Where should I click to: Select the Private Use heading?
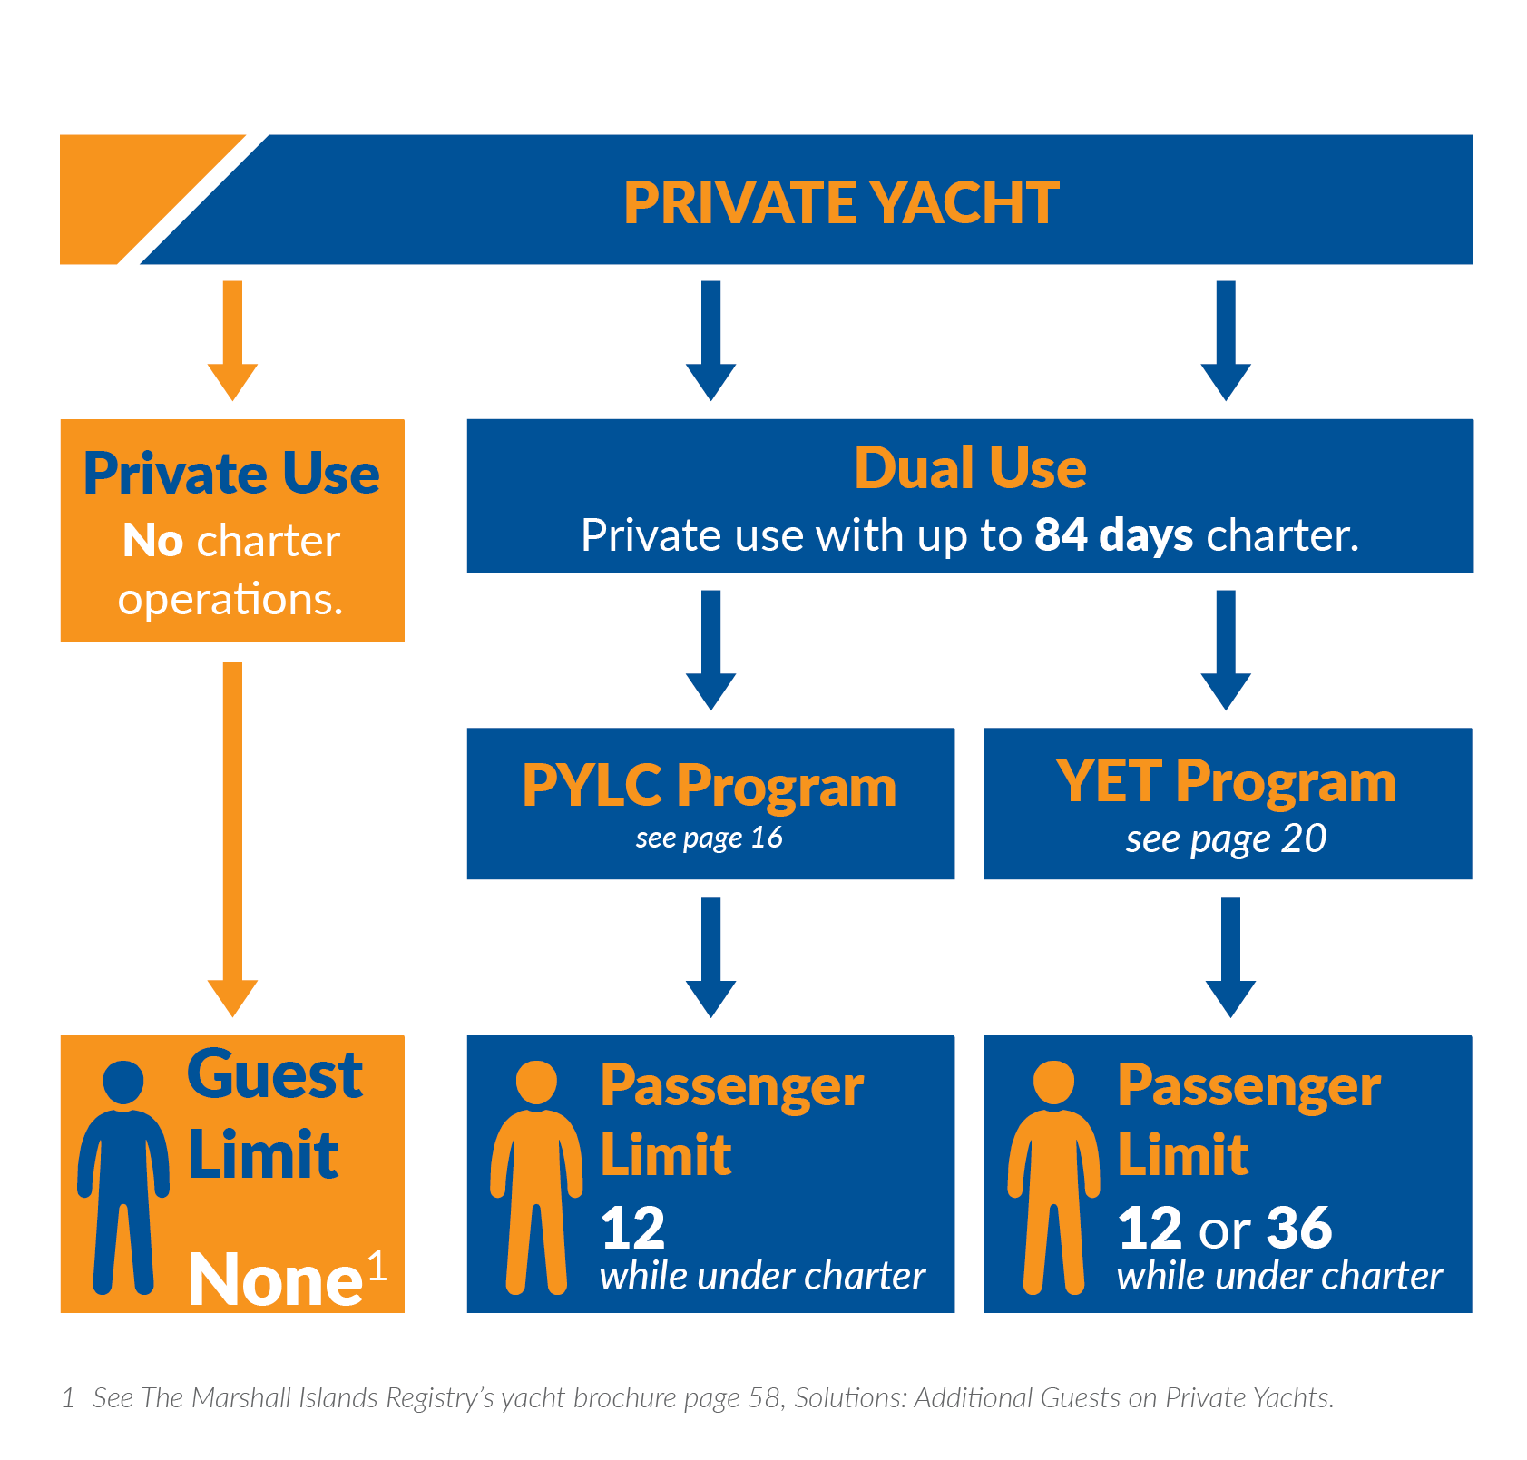click(x=231, y=474)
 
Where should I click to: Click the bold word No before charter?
click(x=153, y=541)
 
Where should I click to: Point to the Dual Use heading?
click(x=970, y=468)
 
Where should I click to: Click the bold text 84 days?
click(x=1113, y=535)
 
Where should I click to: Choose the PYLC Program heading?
click(x=710, y=785)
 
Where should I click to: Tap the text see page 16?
click(x=710, y=838)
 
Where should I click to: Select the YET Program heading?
click(x=1226, y=781)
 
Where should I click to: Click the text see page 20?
click(x=1226, y=839)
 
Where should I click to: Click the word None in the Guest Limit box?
click(x=275, y=1279)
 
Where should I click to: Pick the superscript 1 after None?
click(x=377, y=1265)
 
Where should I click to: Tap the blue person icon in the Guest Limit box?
click(x=123, y=1175)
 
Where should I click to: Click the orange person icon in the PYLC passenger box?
click(x=536, y=1175)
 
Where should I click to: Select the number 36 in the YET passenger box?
click(x=1299, y=1228)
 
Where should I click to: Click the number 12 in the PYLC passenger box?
click(x=632, y=1228)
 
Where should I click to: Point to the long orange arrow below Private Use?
click(x=232, y=835)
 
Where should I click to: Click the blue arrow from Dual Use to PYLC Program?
click(x=711, y=649)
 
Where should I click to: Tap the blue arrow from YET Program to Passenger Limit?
click(x=1230, y=956)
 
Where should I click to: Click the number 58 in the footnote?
click(x=764, y=1398)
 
